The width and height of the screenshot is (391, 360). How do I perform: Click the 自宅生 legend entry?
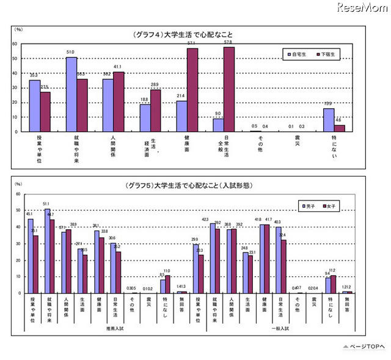click(x=299, y=55)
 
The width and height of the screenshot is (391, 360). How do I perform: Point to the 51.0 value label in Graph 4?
click(x=71, y=53)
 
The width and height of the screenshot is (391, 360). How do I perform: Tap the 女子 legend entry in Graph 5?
click(x=331, y=206)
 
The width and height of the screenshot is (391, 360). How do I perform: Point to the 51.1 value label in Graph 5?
click(x=47, y=204)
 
